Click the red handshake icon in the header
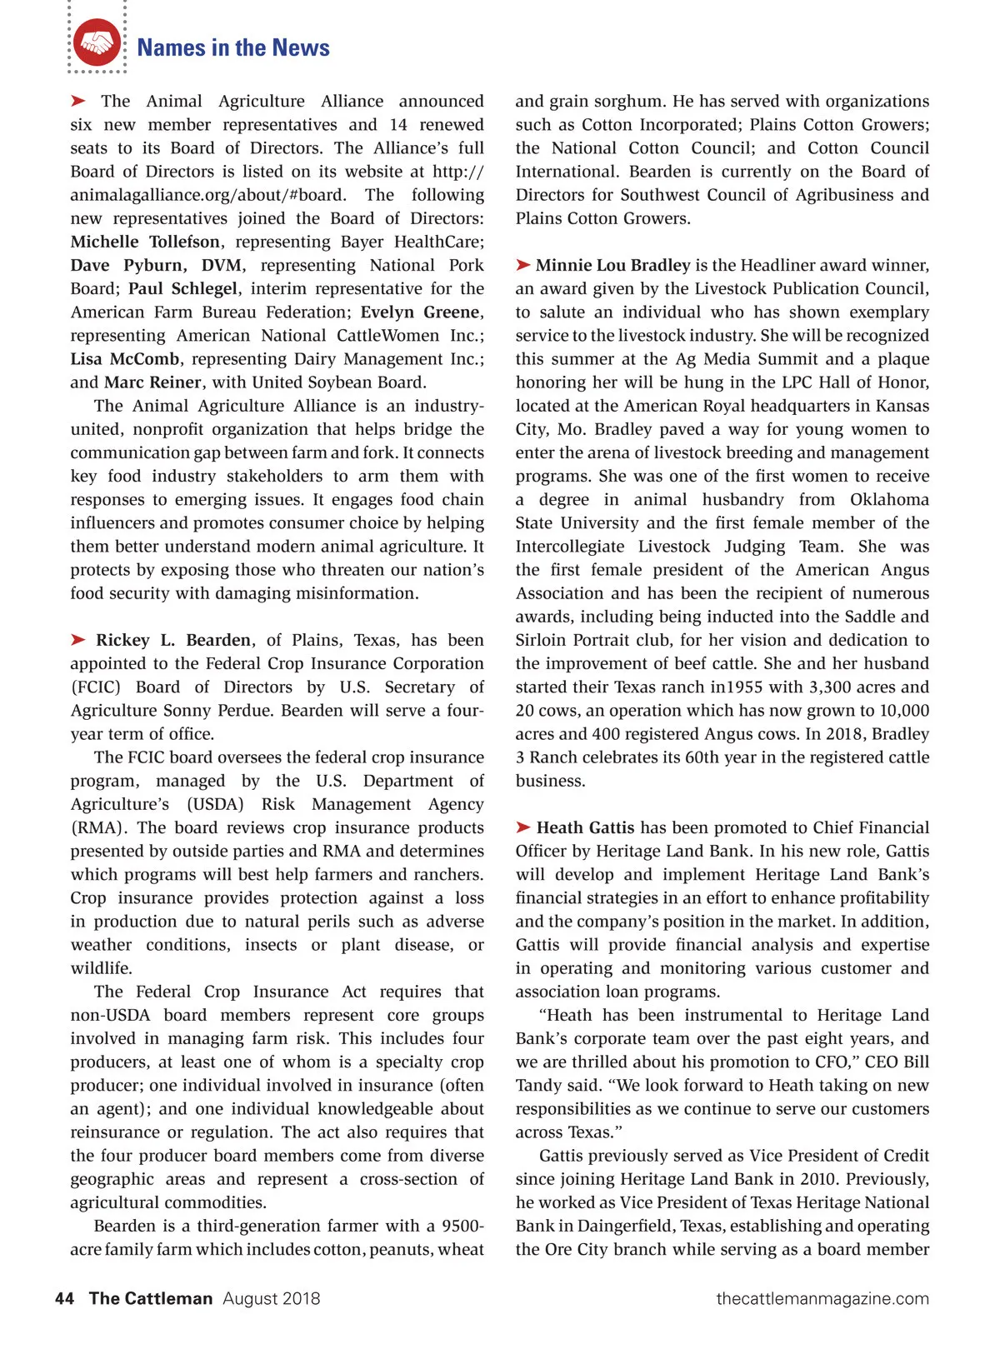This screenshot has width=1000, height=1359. pos(97,42)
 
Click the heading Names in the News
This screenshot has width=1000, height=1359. pos(233,47)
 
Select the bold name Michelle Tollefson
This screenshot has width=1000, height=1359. pos(145,242)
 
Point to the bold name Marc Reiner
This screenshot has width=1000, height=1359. pos(152,382)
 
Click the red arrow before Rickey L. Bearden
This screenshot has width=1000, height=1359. pos(78,640)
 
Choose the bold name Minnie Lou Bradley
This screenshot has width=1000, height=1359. pos(612,265)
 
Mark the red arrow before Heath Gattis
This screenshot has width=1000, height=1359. pos(523,827)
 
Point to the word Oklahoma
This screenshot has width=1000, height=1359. pos(889,500)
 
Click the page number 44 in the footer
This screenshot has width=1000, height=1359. pos(64,1298)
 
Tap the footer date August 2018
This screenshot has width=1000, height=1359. pos(271,1298)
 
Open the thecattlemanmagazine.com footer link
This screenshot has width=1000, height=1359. pos(822,1298)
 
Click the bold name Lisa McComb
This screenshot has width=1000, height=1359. pos(125,359)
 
